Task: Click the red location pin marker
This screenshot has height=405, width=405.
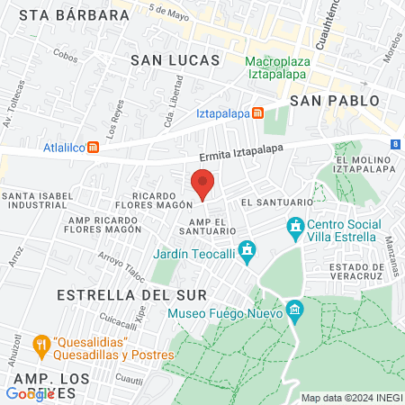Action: coord(202,183)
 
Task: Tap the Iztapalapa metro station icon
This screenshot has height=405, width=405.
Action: coord(258,113)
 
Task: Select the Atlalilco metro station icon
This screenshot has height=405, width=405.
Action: coord(92,148)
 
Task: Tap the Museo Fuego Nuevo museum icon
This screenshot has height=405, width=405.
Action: coord(294,313)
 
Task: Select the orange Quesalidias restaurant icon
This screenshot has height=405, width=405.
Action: coord(40,344)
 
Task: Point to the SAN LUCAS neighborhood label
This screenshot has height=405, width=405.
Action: coord(175,59)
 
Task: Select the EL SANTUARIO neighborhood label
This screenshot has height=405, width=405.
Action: coord(269,202)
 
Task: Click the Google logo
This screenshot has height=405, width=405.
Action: coord(30,393)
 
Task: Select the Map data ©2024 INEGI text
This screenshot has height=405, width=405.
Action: coord(350,398)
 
